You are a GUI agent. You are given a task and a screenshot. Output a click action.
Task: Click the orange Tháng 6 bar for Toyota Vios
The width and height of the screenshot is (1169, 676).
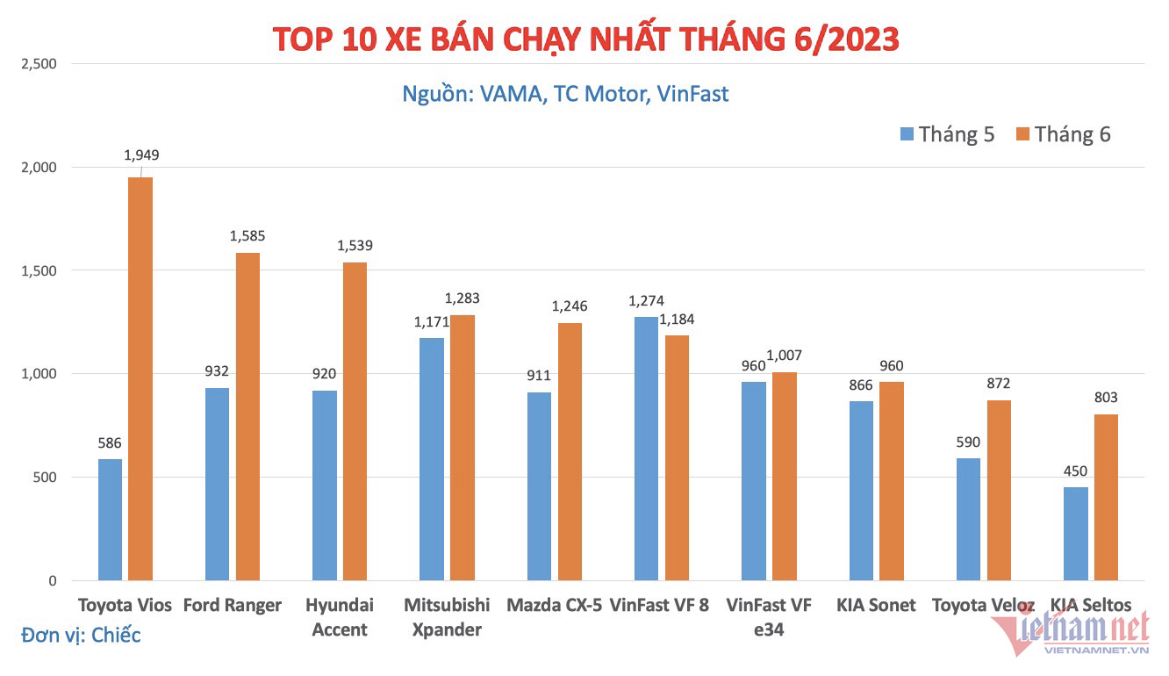tap(140, 378)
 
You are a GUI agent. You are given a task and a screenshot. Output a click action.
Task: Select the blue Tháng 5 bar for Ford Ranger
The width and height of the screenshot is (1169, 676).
tap(217, 484)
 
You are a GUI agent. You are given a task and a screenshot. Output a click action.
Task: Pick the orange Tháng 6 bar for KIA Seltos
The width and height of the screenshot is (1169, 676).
tap(1106, 497)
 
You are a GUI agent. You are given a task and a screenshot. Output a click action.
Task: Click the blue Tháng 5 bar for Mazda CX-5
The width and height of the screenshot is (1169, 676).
tap(539, 486)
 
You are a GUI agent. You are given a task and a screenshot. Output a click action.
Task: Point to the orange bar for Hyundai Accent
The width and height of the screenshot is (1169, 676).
tap(355, 421)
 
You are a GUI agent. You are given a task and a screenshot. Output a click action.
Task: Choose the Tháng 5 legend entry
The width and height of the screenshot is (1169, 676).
tap(947, 134)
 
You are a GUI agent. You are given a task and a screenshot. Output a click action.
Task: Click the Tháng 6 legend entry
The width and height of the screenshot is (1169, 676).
tap(1063, 134)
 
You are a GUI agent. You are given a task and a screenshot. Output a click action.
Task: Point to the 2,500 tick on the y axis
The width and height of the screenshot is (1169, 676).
tap(38, 64)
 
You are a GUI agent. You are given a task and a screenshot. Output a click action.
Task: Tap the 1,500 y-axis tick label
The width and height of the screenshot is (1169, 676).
tap(38, 270)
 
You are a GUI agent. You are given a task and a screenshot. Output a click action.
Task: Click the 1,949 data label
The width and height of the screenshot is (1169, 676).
tap(141, 155)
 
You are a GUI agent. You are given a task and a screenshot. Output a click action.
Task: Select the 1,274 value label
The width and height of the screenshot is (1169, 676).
tap(646, 301)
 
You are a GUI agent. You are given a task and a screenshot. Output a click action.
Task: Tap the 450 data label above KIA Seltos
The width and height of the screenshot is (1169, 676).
tap(1075, 471)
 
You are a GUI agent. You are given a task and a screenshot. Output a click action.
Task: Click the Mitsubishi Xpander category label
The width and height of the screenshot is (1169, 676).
tap(447, 617)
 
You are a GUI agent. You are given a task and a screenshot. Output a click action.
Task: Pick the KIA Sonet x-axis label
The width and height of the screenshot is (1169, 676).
tap(876, 605)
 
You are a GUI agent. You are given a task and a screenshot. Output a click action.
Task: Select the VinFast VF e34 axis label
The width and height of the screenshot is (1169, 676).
tap(769, 617)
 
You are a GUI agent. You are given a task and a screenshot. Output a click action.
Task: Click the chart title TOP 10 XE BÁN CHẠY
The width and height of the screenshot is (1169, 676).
tap(585, 40)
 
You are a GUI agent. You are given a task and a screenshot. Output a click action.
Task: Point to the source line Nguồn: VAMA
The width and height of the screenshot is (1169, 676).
tap(565, 93)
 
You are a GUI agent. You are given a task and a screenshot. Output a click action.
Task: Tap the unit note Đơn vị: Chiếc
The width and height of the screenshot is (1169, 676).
tap(81, 635)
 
